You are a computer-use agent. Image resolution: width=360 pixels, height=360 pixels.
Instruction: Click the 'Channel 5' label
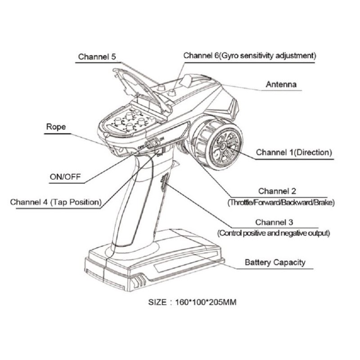[97, 57]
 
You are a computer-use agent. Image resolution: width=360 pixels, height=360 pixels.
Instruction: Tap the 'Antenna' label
[281, 84]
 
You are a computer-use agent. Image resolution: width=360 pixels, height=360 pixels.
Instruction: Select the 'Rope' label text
[56, 127]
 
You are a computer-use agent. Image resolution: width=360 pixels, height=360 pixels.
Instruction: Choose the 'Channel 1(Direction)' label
[294, 152]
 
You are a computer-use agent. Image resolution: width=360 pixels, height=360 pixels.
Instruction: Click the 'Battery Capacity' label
[275, 262]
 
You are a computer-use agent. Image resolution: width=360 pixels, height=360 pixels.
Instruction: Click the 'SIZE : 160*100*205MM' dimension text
[192, 302]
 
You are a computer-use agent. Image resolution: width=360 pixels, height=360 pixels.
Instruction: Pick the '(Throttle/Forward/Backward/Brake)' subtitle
[281, 202]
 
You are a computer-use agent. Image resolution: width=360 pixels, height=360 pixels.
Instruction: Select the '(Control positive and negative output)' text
[274, 233]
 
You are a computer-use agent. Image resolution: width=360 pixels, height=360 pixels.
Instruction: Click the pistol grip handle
[135, 202]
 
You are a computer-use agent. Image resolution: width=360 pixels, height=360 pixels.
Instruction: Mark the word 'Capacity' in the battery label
[289, 262]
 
